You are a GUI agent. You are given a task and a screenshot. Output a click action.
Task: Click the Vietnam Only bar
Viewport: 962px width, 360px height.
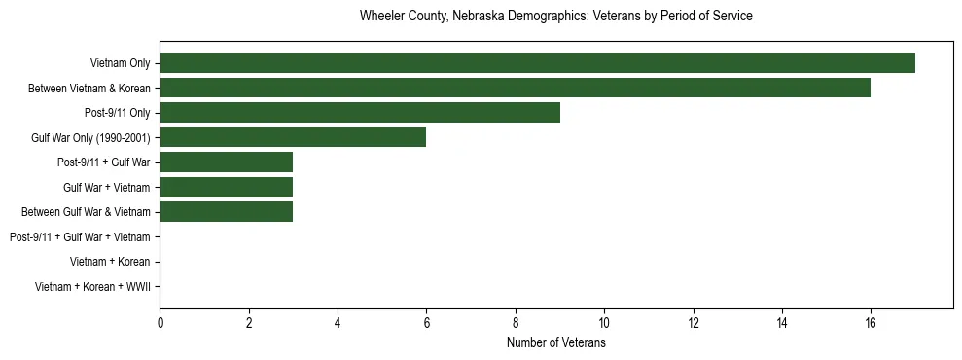(537, 63)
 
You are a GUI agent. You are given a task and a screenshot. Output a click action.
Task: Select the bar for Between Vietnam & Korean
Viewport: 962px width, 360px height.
(516, 89)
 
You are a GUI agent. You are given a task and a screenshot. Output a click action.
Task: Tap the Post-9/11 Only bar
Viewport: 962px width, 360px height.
(360, 113)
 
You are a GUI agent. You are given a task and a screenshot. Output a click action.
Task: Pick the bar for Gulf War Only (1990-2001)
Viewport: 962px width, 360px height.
(293, 137)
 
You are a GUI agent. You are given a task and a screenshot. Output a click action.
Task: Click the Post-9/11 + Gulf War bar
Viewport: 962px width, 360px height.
(227, 162)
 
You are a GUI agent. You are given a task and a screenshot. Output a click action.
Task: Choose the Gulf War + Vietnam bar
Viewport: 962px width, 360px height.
(227, 187)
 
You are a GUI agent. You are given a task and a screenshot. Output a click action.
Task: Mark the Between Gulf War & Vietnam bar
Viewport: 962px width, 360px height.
(227, 211)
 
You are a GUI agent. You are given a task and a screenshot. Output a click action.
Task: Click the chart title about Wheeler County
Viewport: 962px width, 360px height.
(555, 17)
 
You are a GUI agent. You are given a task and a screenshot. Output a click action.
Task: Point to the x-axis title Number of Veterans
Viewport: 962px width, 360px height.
(555, 342)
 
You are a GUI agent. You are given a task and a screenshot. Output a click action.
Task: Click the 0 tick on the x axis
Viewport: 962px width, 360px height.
(160, 323)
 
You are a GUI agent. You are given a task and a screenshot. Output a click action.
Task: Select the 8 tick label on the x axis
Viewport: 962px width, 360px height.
(516, 323)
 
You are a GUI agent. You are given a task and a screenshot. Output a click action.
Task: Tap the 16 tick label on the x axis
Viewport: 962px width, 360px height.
(871, 323)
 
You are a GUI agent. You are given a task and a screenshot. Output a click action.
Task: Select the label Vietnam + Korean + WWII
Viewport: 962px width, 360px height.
(92, 287)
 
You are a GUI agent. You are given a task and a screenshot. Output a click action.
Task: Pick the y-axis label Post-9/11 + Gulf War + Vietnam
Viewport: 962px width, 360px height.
(80, 237)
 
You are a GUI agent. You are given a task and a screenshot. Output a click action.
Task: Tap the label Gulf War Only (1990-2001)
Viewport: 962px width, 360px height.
(90, 138)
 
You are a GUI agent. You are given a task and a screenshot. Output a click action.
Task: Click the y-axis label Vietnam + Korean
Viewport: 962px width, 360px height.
(110, 262)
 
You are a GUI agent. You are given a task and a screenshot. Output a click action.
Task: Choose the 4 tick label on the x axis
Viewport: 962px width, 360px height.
(338, 323)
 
